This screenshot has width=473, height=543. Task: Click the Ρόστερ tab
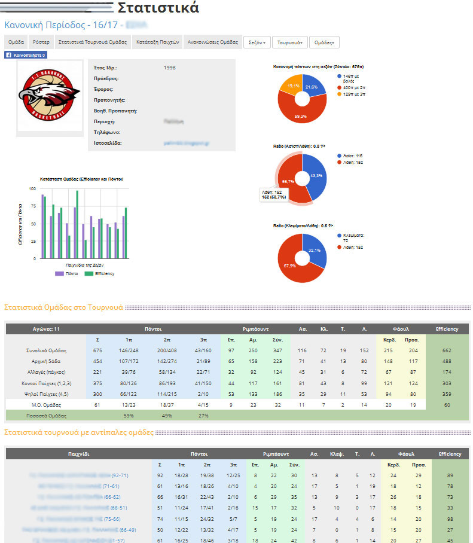[x=41, y=42]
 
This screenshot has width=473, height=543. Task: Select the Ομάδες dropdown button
[x=324, y=42]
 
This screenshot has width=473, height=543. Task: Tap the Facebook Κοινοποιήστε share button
[x=26, y=55]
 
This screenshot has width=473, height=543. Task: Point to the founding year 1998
[x=170, y=68]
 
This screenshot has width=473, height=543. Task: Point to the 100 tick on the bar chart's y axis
[x=33, y=189]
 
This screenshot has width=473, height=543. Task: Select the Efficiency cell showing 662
[x=447, y=350]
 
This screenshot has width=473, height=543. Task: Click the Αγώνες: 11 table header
[x=46, y=329]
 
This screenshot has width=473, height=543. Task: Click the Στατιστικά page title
[x=158, y=8]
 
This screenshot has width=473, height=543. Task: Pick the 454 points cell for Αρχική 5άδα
[x=98, y=361]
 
